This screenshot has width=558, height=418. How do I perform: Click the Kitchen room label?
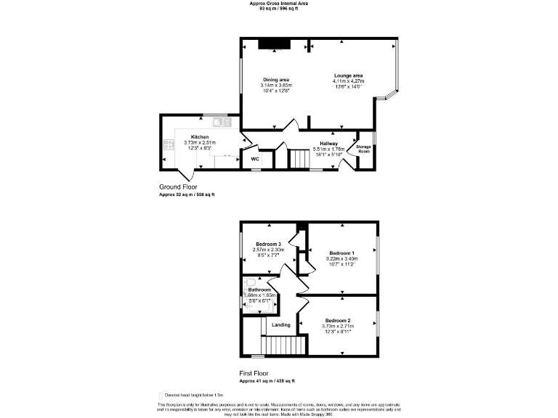point(200,136)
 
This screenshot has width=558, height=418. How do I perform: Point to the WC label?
point(255,159)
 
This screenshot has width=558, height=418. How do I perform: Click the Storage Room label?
point(364,148)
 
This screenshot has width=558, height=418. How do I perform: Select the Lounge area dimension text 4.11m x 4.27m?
point(348,81)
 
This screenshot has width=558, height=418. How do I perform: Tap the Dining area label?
point(275,80)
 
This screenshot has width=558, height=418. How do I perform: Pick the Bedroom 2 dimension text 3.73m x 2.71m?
point(338,326)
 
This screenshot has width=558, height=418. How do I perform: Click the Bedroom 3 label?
point(268,244)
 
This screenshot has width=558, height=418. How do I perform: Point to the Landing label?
point(281,324)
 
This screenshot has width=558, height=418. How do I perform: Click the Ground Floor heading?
point(178,187)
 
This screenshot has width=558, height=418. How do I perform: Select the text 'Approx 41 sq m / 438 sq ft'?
point(267,381)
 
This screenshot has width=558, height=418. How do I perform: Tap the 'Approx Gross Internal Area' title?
point(279,4)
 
